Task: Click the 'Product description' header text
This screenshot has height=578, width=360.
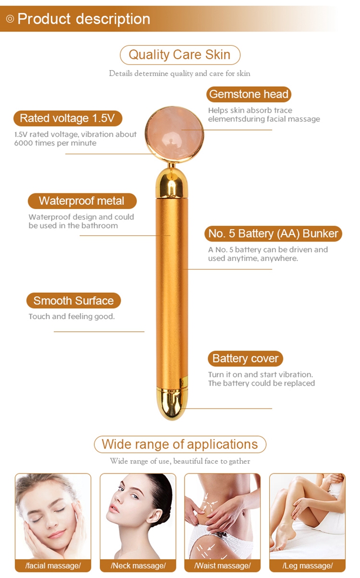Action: pyautogui.click(x=84, y=19)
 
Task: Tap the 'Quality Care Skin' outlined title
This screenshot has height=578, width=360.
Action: pyautogui.click(x=180, y=55)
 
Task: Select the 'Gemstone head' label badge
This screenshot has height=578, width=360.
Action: pyautogui.click(x=249, y=94)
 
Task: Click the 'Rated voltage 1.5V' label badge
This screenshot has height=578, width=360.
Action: pyautogui.click(x=67, y=118)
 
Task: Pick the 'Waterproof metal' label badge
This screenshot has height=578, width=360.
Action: pyautogui.click(x=82, y=201)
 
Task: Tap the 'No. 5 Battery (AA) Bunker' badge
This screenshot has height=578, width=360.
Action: pyautogui.click(x=273, y=233)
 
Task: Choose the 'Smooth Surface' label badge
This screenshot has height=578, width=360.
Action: pyautogui.click(x=74, y=301)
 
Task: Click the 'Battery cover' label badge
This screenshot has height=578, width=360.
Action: pyautogui.click(x=245, y=358)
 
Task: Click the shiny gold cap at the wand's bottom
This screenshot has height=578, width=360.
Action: pyautogui.click(x=172, y=403)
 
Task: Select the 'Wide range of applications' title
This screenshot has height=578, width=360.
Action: pyautogui.click(x=180, y=444)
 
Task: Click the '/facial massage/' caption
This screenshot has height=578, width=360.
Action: pyautogui.click(x=53, y=565)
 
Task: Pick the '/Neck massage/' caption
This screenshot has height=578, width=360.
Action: pyautogui.click(x=138, y=565)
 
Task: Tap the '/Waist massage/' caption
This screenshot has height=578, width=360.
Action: pyautogui.click(x=223, y=565)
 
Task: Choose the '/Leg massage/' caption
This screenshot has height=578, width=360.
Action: pyautogui.click(x=308, y=565)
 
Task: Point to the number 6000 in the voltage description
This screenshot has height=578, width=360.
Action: pyautogui.click(x=23, y=143)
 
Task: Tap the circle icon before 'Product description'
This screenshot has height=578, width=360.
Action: pyautogui.click(x=10, y=19)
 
